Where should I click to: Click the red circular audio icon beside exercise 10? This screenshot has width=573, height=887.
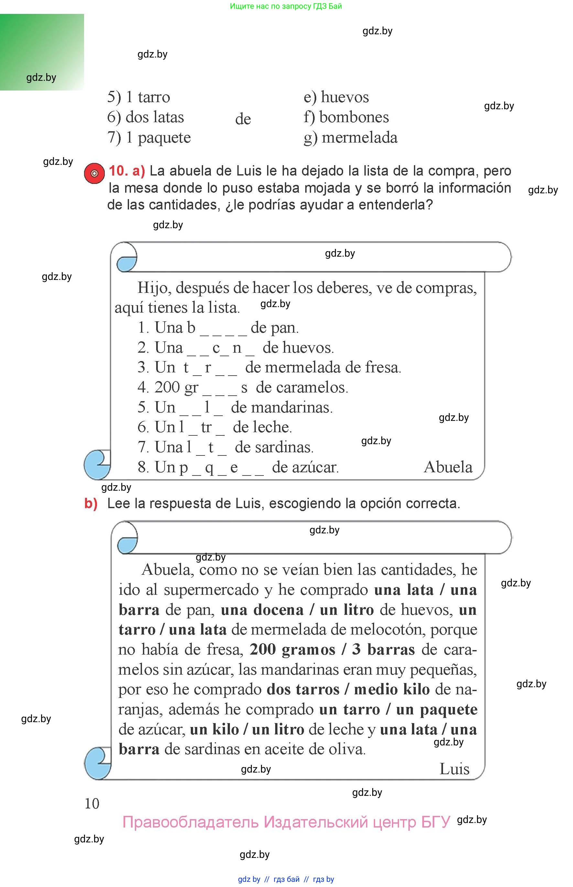coord(94,173)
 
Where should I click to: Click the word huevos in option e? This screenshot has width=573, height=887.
coord(345,97)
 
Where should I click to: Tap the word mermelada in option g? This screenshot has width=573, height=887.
coord(360,138)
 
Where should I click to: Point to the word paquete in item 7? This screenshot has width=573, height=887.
coord(164,138)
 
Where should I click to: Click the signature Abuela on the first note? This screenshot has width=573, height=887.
coord(448,467)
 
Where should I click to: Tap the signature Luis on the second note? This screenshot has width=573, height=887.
coord(454,769)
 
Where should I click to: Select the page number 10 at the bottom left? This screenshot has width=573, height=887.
coord(92,804)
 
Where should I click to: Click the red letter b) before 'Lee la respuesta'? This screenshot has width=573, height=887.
coord(91,503)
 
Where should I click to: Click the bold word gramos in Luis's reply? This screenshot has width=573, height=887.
coord(308,650)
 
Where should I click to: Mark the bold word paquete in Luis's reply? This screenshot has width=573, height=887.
coord(449,710)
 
